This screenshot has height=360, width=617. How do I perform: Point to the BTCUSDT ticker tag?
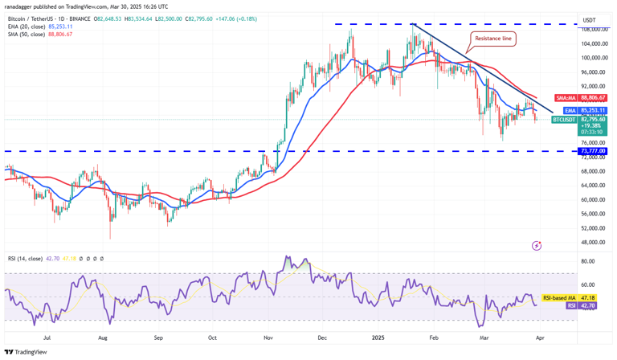click(564, 120)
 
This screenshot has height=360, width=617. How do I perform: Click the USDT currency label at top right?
click(589, 19)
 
